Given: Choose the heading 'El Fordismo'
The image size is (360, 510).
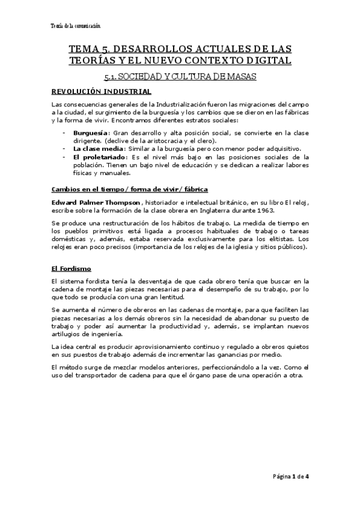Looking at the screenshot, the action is point(71,268).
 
